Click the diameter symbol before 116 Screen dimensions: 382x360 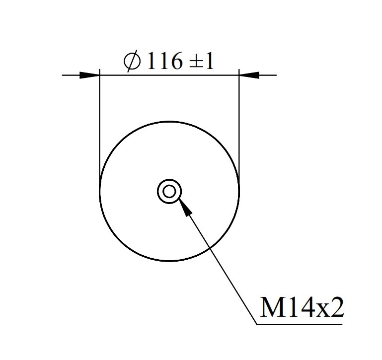pyautogui.click(x=132, y=61)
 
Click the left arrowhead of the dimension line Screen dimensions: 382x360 pyautogui.click(x=89, y=75)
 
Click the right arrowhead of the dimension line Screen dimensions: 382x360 pyautogui.click(x=249, y=75)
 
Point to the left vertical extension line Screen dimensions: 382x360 pyautogui.click(x=100, y=129)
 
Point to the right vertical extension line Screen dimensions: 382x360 pyautogui.click(x=239, y=129)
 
